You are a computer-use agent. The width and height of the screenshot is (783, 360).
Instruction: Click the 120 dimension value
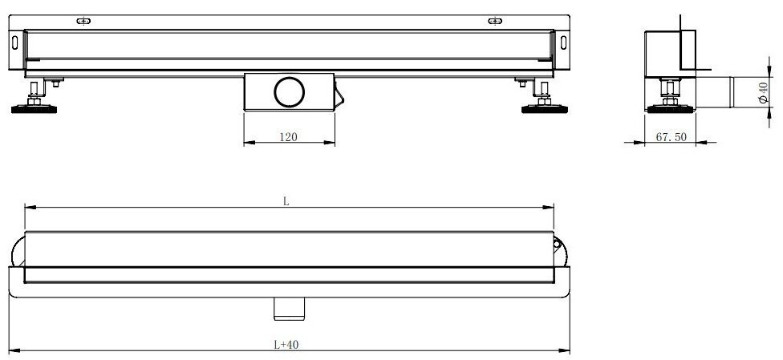[288, 137]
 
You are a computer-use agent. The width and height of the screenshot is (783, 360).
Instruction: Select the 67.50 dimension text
[671, 137]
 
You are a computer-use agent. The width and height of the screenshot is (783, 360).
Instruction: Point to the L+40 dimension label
[286, 344]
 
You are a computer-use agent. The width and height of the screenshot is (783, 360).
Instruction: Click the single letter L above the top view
[286, 201]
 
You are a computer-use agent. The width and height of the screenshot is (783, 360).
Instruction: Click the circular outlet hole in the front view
[289, 92]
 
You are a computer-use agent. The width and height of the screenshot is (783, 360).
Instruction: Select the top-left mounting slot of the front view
[83, 21]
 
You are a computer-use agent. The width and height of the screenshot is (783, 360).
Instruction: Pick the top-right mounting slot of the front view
[495, 21]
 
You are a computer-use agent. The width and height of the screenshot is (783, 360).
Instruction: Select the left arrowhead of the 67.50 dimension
[649, 144]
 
